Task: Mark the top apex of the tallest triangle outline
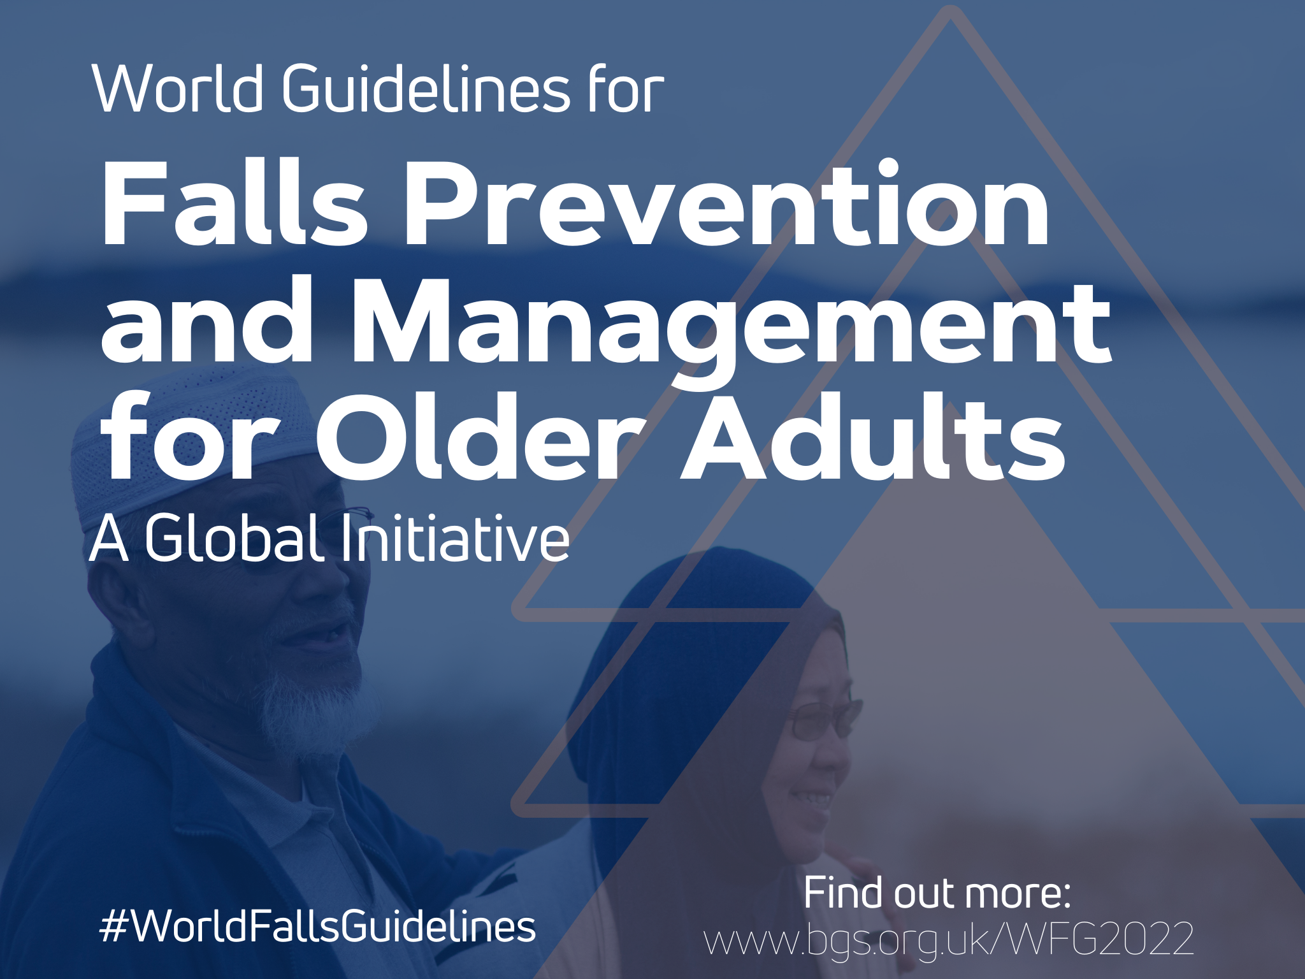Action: [x=950, y=11]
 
